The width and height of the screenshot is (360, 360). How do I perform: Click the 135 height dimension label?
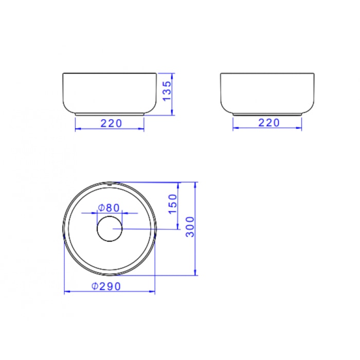(167, 91)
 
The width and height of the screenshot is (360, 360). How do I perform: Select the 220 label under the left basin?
(112, 123)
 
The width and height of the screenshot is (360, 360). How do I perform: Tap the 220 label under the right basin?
(269, 123)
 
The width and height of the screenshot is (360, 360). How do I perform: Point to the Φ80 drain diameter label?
(109, 208)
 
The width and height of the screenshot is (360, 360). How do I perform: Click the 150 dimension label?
(173, 204)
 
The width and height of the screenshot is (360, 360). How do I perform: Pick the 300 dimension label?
(190, 227)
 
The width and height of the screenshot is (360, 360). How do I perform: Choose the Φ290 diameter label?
(106, 286)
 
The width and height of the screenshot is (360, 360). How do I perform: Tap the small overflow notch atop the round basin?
(110, 184)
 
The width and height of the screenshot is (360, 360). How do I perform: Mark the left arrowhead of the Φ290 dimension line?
(67, 292)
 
